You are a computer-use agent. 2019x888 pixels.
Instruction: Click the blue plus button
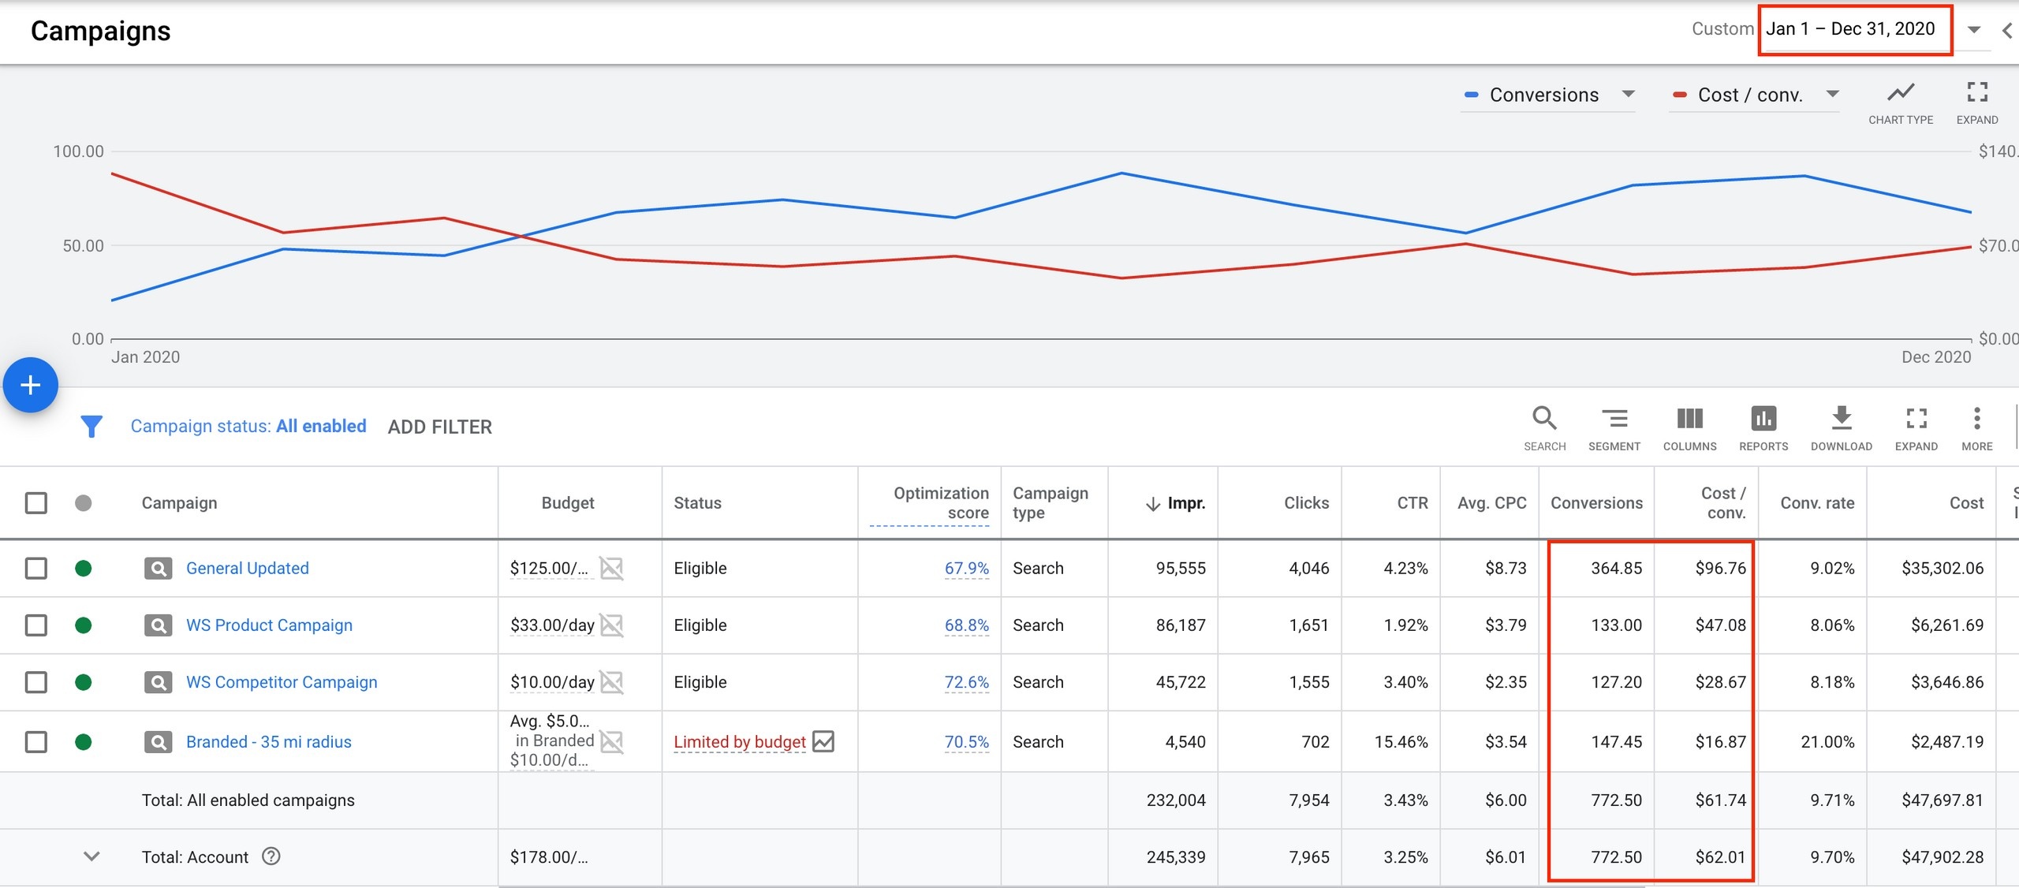[30, 385]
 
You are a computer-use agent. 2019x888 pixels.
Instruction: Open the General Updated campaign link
[247, 568]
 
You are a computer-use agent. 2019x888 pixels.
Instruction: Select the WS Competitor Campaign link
[282, 682]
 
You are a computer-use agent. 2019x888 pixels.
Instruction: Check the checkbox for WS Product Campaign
[36, 625]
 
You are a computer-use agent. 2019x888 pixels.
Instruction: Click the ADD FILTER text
[439, 427]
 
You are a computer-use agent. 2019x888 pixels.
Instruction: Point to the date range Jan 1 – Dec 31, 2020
[1850, 29]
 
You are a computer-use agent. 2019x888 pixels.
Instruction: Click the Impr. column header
[1185, 503]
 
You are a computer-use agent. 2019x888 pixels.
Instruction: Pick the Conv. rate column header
[1817, 503]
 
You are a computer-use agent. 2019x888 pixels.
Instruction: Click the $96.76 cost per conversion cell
[1720, 568]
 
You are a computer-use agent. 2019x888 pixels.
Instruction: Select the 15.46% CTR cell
[1401, 742]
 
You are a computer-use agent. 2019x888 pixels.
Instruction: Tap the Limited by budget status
[739, 742]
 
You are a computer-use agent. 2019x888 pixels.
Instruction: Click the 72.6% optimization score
[966, 682]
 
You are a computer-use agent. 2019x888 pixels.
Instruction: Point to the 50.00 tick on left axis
[83, 246]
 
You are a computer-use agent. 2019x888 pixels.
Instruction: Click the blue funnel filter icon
[91, 427]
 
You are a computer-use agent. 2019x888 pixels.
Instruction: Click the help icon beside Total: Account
[271, 856]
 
